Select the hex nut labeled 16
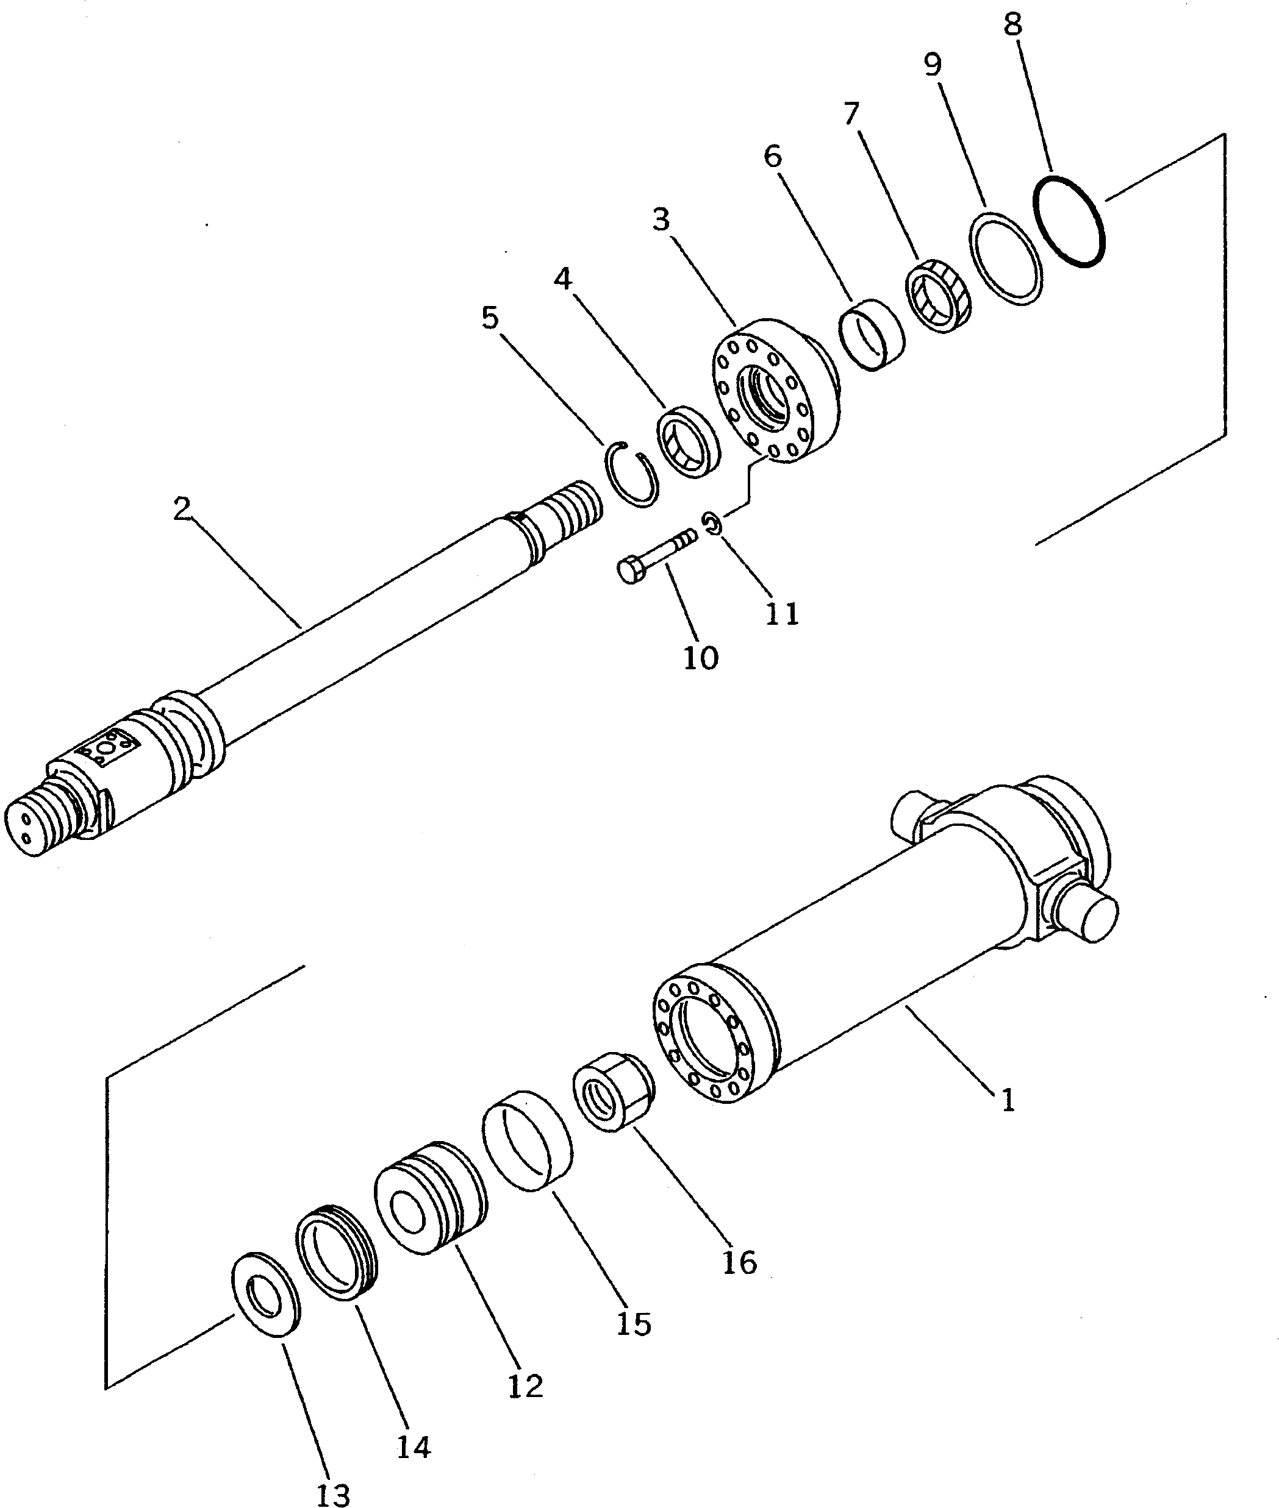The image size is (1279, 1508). (x=614, y=1094)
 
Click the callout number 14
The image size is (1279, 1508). (x=414, y=1446)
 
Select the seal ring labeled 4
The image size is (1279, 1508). (x=688, y=441)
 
